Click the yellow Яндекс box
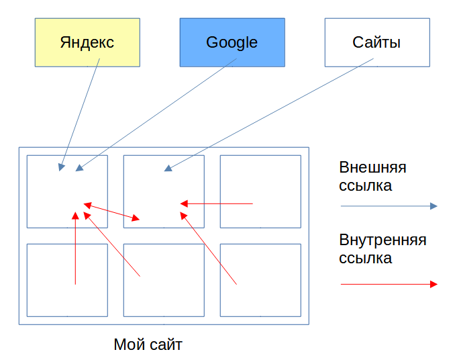[87, 42]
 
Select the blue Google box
[232, 42]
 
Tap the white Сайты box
[376, 42]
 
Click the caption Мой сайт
[148, 345]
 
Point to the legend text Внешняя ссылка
[372, 176]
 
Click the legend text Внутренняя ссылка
[383, 249]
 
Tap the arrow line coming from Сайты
[268, 114]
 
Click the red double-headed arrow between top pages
[112, 212]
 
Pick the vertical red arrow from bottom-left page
[75, 249]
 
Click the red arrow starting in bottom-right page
[209, 249]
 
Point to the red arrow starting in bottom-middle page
[112, 245]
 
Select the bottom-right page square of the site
[260, 279]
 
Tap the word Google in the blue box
[232, 42]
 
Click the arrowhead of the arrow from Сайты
[168, 168]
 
